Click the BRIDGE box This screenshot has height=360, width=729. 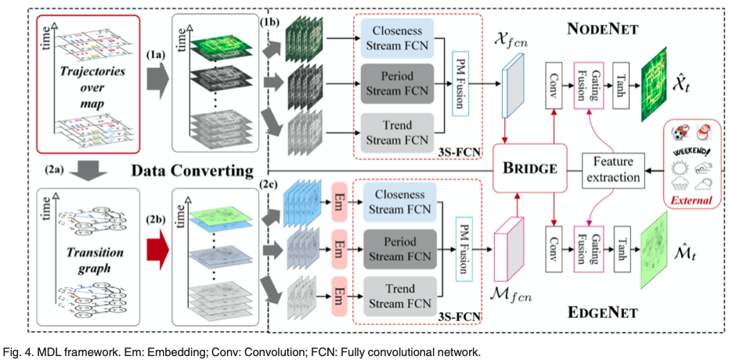click(531, 168)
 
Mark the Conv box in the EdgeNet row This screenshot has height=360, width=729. click(553, 249)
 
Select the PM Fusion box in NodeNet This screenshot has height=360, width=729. click(462, 84)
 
